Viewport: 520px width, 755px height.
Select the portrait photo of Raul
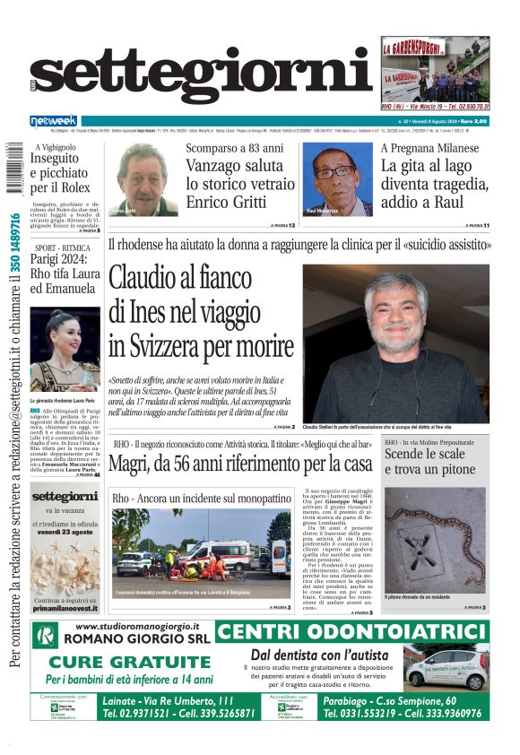coord(342,180)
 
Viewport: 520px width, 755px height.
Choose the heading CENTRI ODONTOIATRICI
coord(352,631)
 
